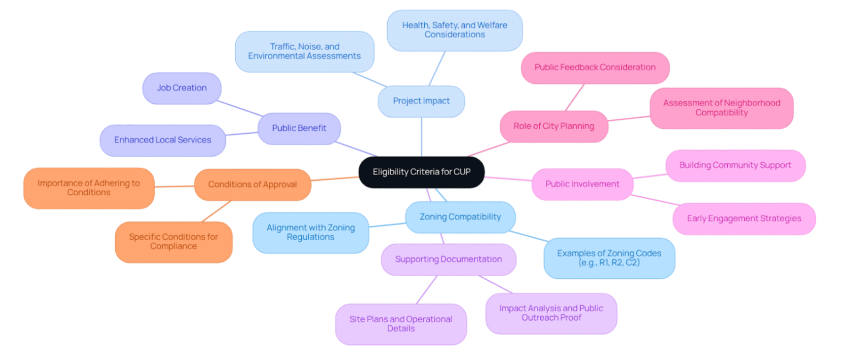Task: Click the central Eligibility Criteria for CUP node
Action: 422,172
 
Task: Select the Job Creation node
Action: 181,88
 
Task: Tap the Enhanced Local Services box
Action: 163,140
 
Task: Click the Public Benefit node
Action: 299,128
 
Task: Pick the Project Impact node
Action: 421,101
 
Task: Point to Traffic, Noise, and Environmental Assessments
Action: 304,52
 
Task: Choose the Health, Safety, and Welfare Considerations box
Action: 454,30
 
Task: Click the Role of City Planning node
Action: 554,126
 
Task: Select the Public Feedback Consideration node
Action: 595,68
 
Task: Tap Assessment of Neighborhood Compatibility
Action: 721,108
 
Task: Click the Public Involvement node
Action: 582,184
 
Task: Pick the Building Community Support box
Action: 735,165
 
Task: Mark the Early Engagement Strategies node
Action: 744,219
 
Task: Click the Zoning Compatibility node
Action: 460,217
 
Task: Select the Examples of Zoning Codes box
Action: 609,258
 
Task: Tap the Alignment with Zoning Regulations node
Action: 310,232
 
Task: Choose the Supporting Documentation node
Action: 448,259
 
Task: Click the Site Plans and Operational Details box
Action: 400,324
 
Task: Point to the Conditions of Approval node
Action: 252,185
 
